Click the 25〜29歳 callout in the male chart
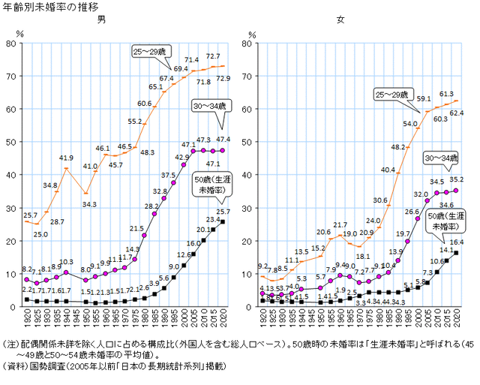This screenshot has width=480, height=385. pyautogui.click(x=153, y=50)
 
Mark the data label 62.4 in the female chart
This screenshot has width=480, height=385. pyautogui.click(x=457, y=113)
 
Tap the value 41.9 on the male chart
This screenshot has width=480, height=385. pyautogui.click(x=65, y=158)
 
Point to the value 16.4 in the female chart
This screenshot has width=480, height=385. pyautogui.click(x=457, y=242)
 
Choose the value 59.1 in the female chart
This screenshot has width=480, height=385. pyautogui.click(x=423, y=98)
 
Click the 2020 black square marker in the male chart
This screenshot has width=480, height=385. pyautogui.click(x=224, y=222)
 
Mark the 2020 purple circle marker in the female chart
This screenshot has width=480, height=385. pyautogui.click(x=456, y=191)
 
